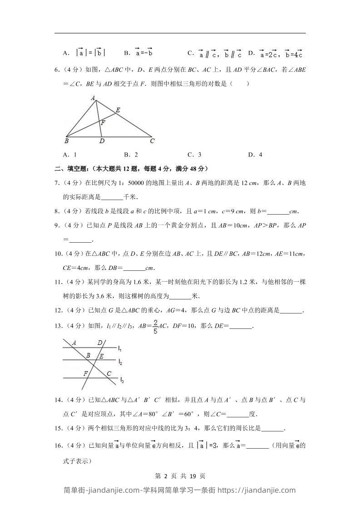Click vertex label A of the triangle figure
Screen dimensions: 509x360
[93, 98]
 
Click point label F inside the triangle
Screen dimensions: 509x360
[103, 122]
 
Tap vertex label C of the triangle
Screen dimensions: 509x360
[153, 141]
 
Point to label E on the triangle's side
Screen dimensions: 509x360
[118, 110]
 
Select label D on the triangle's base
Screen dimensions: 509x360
[102, 141]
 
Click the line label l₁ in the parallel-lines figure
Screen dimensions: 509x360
[119, 348]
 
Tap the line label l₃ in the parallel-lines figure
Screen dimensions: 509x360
[122, 380]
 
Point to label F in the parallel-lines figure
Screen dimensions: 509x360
[85, 373]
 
